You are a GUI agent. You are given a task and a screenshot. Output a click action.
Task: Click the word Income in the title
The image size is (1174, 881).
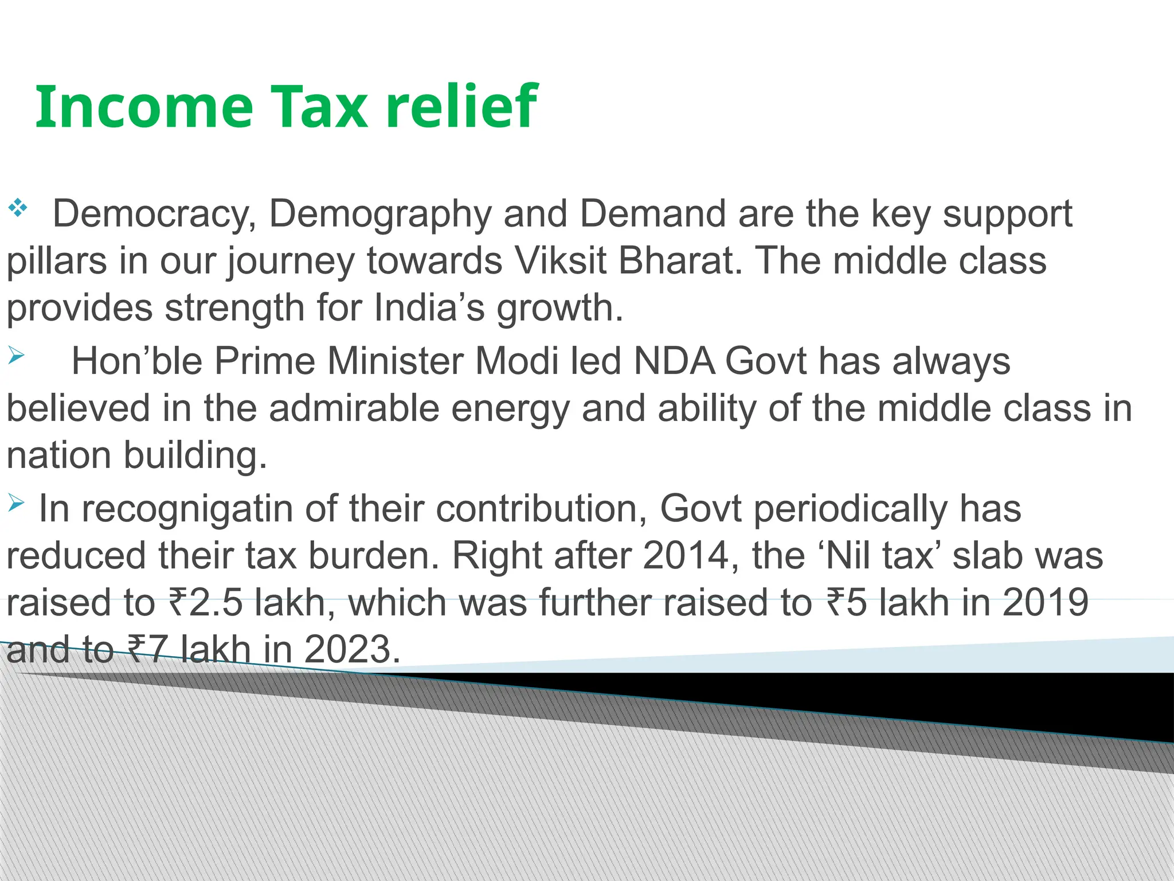tap(144, 107)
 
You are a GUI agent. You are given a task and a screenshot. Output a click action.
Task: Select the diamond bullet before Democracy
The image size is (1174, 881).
tap(18, 208)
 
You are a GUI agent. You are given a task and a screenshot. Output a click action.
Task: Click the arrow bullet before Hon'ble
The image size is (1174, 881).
tap(16, 357)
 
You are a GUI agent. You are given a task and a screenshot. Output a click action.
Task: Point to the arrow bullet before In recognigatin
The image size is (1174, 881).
tap(16, 504)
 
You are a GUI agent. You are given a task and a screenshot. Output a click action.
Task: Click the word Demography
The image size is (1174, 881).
tap(380, 215)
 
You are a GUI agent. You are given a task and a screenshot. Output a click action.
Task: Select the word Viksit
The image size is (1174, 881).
tap(561, 261)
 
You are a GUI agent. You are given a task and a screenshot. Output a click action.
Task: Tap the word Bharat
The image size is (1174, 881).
tap(680, 261)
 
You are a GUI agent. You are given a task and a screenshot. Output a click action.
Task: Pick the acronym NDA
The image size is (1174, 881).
tap(674, 362)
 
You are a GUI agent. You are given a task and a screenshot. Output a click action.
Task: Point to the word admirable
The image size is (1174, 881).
tap(354, 409)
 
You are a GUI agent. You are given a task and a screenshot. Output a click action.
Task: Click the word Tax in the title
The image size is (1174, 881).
tap(319, 107)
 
